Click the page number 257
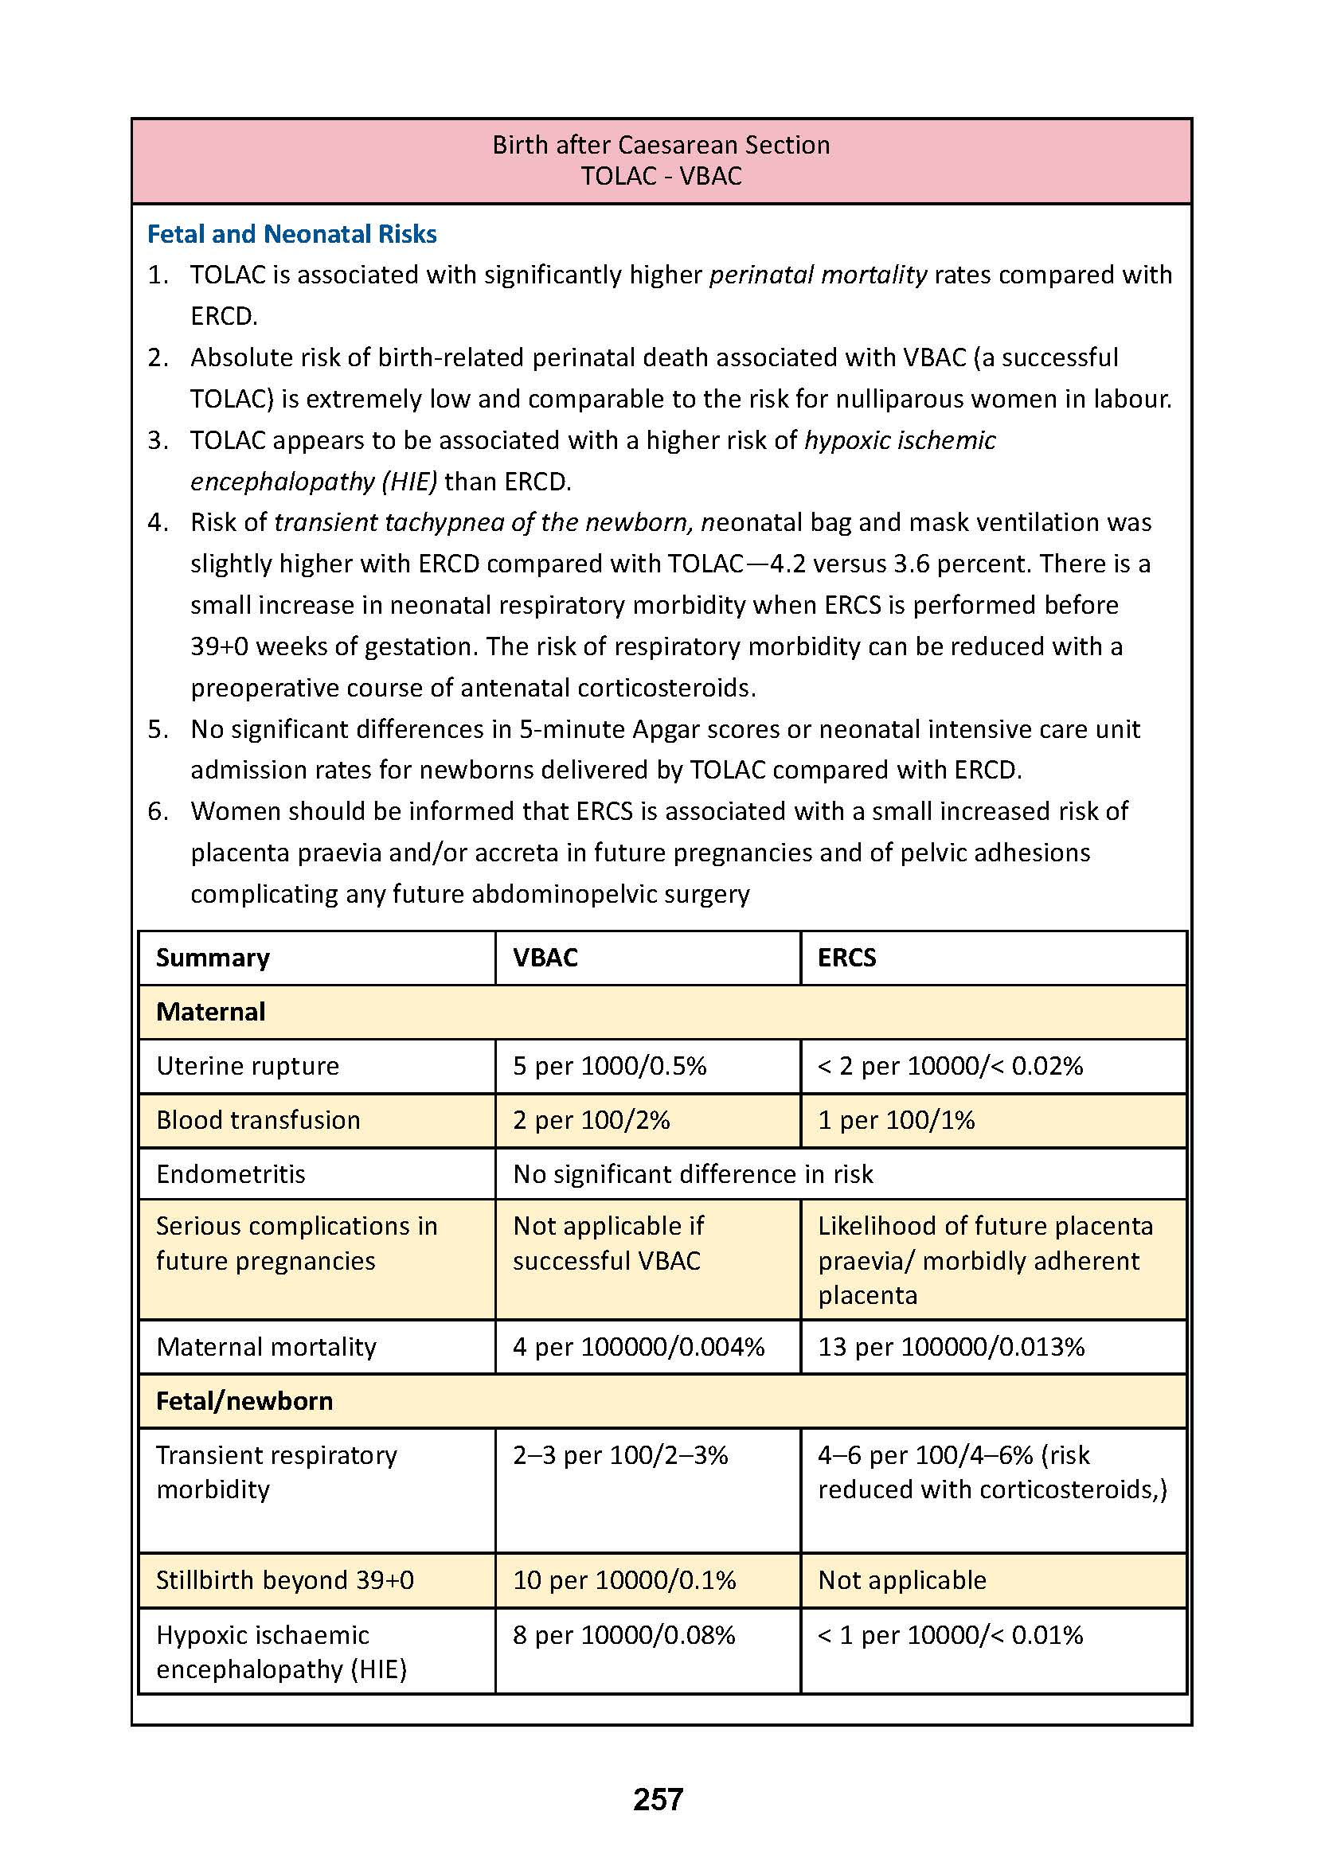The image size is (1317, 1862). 658,1799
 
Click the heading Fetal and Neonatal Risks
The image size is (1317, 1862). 292,234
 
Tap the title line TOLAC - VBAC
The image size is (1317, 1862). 661,176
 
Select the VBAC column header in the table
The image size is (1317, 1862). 545,958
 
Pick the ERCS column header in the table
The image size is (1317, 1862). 846,958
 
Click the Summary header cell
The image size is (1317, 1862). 213,958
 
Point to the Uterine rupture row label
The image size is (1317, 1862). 248,1066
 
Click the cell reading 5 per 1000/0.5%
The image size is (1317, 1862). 609,1066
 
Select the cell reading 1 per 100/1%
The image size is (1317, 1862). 896,1120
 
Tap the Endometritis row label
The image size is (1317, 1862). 230,1174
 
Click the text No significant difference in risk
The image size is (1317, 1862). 693,1174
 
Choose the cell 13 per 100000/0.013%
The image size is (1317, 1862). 951,1347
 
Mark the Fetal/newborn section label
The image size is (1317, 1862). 244,1401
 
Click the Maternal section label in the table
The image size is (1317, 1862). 211,1012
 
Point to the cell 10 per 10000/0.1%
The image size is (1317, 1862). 623,1579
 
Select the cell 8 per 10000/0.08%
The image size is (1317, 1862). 623,1635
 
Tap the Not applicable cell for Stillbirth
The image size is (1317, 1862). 902,1579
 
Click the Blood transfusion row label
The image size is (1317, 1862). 258,1120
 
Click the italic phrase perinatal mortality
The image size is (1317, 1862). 818,275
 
